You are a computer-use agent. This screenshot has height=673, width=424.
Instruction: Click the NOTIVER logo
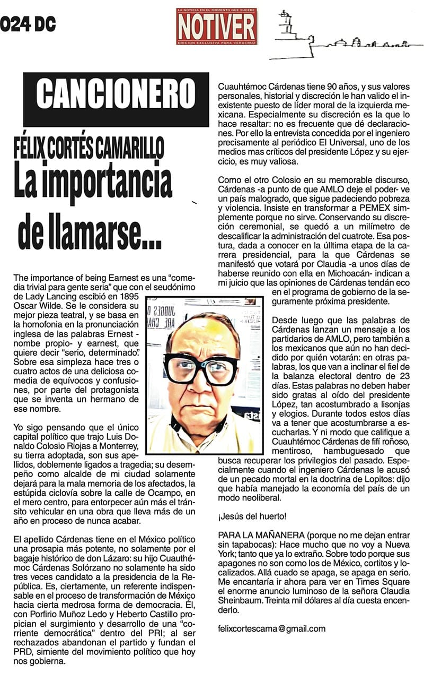pos(217,26)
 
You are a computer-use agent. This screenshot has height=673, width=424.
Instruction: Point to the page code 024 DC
pos(28,24)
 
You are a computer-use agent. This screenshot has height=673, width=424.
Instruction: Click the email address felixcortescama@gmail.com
pos(271,629)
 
